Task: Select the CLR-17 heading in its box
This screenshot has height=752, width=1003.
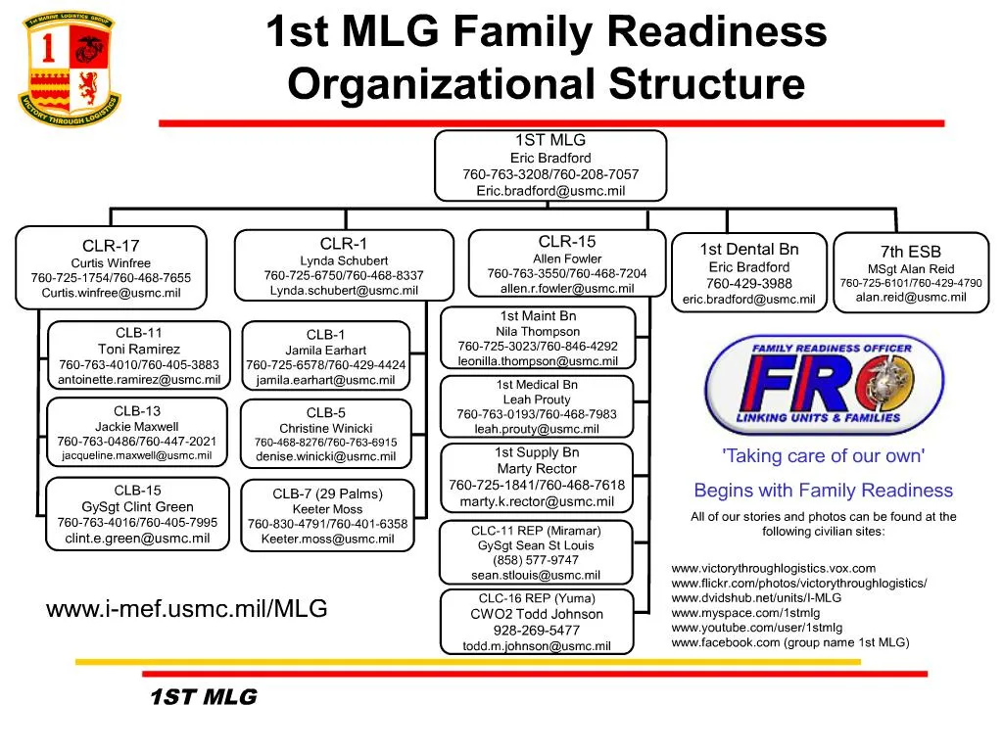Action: pyautogui.click(x=111, y=246)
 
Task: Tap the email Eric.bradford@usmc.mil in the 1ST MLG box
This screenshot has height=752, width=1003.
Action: pyautogui.click(x=550, y=191)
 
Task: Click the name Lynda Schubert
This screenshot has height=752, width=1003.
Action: pyautogui.click(x=344, y=260)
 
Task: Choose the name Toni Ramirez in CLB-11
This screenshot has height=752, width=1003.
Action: pyautogui.click(x=139, y=350)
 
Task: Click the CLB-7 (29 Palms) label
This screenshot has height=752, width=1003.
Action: pyautogui.click(x=327, y=493)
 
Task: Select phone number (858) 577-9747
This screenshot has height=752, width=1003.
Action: pyautogui.click(x=536, y=560)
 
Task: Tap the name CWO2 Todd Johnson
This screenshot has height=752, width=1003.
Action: pyautogui.click(x=537, y=614)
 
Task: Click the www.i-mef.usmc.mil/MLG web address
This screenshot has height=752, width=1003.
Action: pyautogui.click(x=186, y=609)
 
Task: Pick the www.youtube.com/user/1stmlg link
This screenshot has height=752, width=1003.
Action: pyautogui.click(x=756, y=628)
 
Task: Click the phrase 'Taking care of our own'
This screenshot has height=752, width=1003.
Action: pyautogui.click(x=823, y=456)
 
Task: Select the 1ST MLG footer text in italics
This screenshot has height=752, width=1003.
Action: pyautogui.click(x=203, y=697)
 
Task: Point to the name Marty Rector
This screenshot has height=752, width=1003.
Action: pyautogui.click(x=537, y=469)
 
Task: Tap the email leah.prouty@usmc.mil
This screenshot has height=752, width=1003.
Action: pyautogui.click(x=537, y=429)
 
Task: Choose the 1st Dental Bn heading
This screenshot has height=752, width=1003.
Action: pyautogui.click(x=749, y=250)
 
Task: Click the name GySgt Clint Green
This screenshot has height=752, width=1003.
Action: pyautogui.click(x=138, y=507)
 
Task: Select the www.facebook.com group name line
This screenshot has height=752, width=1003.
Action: pyautogui.click(x=789, y=643)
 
